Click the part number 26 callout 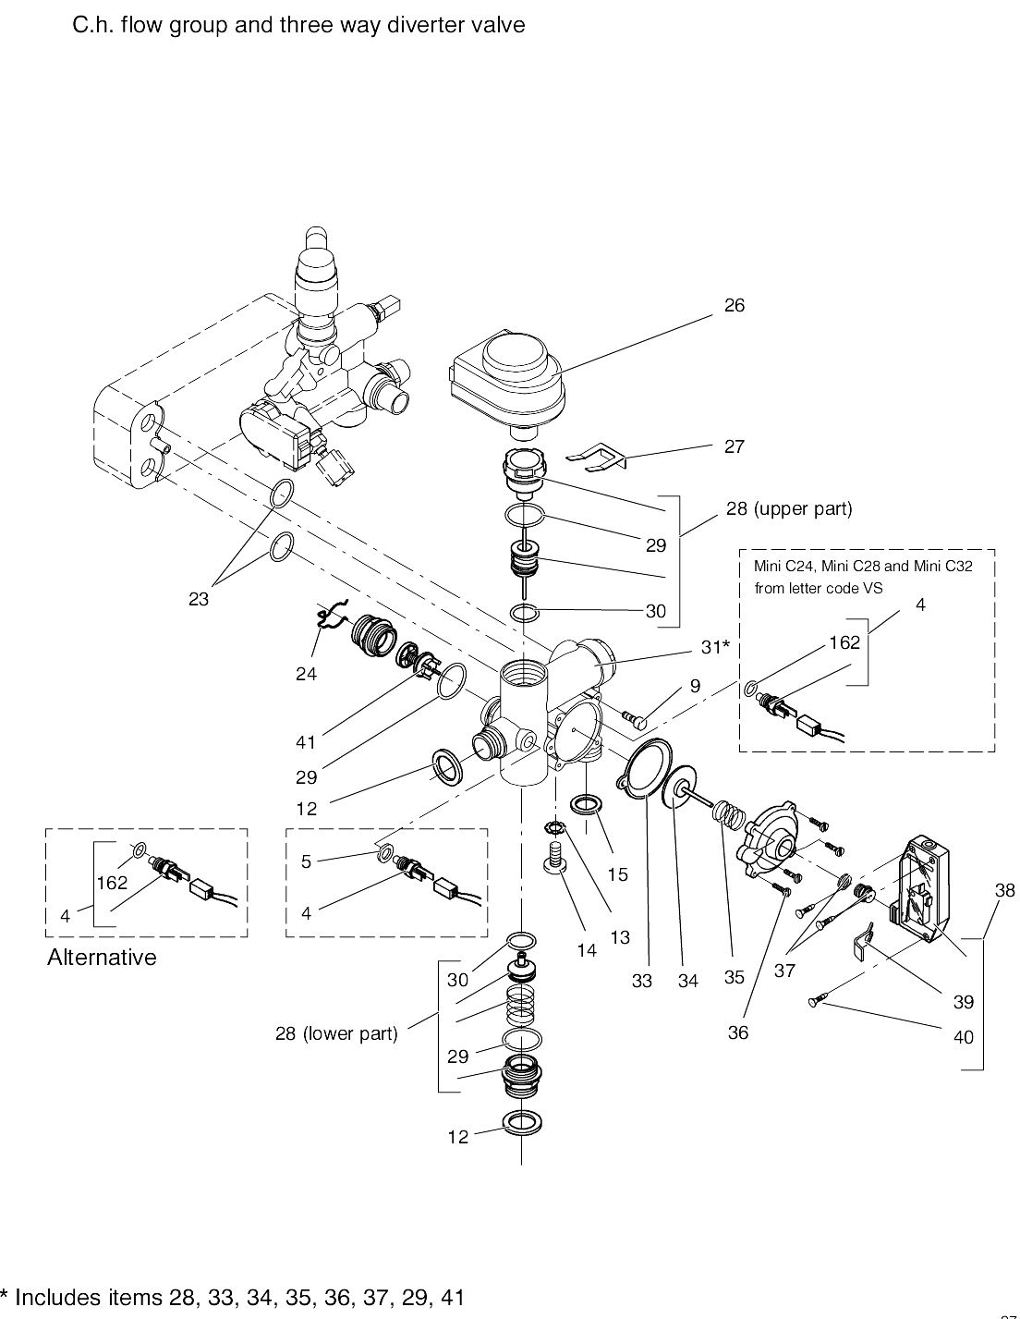click(x=734, y=306)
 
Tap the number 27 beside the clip click(x=734, y=446)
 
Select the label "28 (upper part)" click(x=788, y=508)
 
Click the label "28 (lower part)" click(x=336, y=1033)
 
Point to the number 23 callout click(x=199, y=599)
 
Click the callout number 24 click(x=306, y=675)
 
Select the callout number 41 click(x=306, y=742)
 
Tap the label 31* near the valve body click(x=714, y=648)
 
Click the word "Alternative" click(x=102, y=958)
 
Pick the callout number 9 click(x=694, y=687)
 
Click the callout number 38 click(x=1004, y=891)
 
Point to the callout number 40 click(x=963, y=1037)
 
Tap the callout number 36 click(x=737, y=1033)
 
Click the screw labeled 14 click(x=556, y=855)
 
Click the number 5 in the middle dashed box click(x=306, y=861)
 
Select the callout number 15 click(x=617, y=874)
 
